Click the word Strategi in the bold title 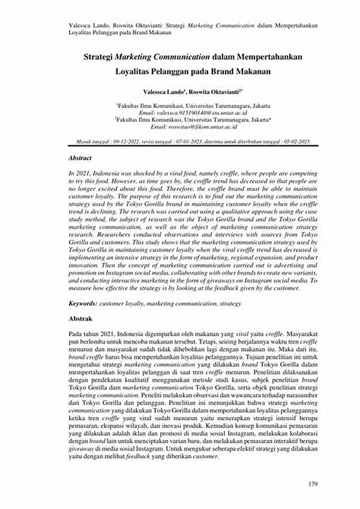(99, 56)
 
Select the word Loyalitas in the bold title (133, 70)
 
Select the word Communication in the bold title (181, 56)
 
